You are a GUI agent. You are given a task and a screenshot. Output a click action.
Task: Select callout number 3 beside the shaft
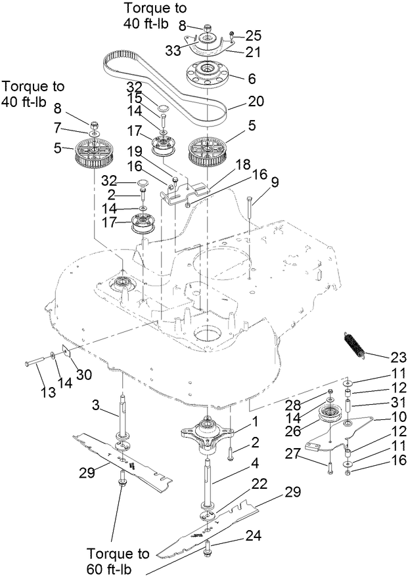point(96,407)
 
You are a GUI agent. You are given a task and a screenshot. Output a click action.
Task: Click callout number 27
point(294,454)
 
